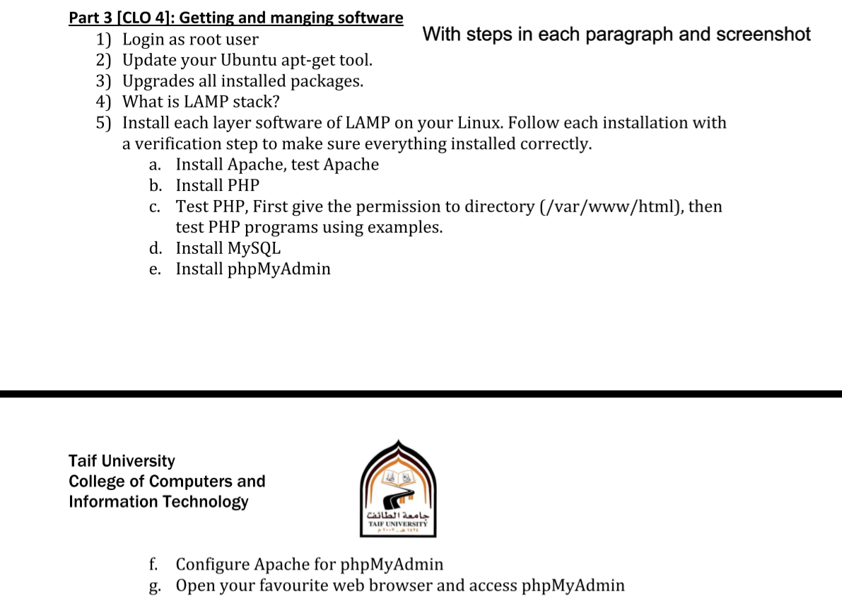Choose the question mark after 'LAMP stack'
pos(276,102)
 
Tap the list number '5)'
pos(104,123)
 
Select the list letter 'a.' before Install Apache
pos(156,165)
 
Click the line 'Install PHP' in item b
pos(217,185)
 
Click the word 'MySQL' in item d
pos(254,248)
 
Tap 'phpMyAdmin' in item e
pos(279,269)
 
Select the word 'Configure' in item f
pos(212,564)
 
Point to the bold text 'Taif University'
pos(122,461)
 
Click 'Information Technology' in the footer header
pos(158,502)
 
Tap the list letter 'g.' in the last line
pos(155,586)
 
